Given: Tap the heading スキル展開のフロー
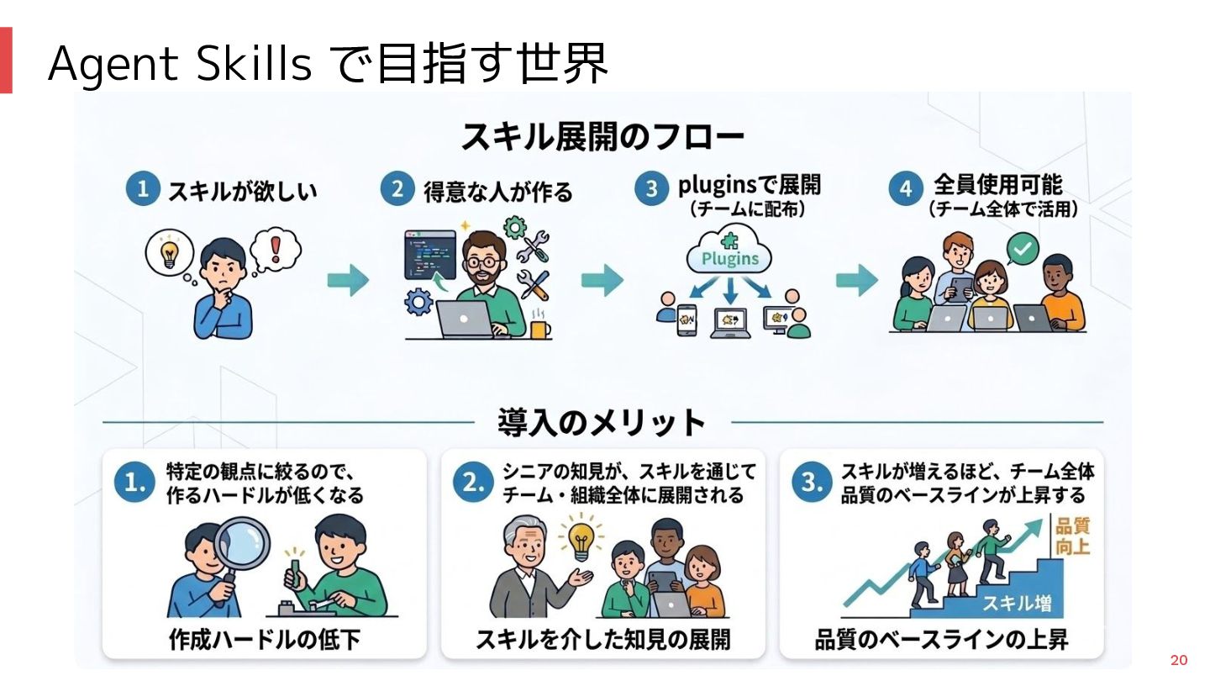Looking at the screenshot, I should click(602, 137).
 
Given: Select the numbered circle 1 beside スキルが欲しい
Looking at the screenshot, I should click(143, 190).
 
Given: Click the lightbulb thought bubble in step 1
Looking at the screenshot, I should click(170, 251).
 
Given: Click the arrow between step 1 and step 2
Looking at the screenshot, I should click(347, 281).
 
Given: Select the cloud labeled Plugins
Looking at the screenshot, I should click(729, 256).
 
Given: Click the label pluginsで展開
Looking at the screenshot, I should click(750, 185).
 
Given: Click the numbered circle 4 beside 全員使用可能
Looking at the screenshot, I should click(906, 190).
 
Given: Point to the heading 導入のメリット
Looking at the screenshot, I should click(601, 422).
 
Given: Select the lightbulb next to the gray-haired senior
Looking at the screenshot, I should click(581, 540).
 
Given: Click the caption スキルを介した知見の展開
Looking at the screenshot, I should click(602, 640).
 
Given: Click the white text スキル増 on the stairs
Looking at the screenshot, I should click(1017, 603).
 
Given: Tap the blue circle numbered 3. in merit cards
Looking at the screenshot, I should click(809, 483).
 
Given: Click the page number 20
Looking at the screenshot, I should click(1179, 659).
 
